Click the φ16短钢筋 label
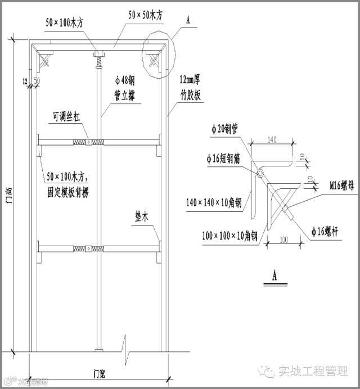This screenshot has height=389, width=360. [x=219, y=159]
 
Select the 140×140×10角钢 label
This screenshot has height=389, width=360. [x=215, y=201]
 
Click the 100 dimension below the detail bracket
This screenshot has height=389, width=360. [x=285, y=239]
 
